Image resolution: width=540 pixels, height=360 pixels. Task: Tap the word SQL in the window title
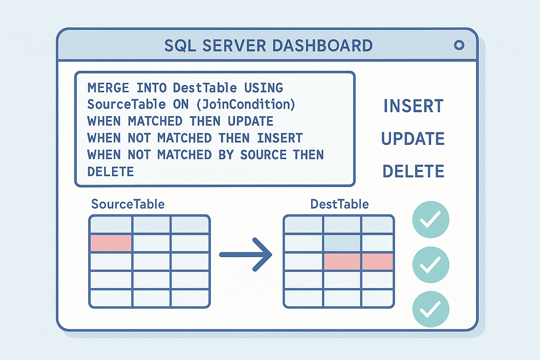180,46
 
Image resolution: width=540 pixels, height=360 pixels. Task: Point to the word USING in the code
264,88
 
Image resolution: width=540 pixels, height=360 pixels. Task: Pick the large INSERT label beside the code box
413,106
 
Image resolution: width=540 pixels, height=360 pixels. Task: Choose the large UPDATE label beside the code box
413,139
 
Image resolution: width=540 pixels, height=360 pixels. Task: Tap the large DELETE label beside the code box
413,171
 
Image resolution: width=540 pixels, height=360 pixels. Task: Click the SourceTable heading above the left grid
128,204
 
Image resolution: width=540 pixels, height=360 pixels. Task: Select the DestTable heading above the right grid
339,204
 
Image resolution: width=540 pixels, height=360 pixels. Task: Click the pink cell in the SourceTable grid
111,243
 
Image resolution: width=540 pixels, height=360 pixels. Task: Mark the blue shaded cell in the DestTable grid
342,243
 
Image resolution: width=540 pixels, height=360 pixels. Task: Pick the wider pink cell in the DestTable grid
342,262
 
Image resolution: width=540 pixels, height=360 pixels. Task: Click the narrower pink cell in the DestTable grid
377,262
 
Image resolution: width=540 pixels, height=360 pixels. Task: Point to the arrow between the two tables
246,255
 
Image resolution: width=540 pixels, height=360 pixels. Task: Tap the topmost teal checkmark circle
431,220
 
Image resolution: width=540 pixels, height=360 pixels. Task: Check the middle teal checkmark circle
431,265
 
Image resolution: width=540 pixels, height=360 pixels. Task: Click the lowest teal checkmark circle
431,309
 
